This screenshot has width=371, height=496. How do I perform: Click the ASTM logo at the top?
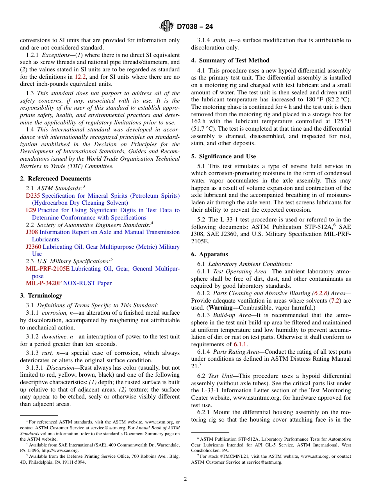tap(167, 27)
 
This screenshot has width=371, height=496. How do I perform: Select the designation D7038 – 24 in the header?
tap(195, 27)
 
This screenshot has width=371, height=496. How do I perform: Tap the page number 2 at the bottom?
tap(185, 479)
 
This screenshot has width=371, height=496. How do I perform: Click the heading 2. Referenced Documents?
tap(55, 179)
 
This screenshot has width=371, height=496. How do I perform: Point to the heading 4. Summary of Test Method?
tap(230, 60)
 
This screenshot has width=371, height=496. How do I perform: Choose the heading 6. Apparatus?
tap(209, 254)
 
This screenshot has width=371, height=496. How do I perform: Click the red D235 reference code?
tap(33, 196)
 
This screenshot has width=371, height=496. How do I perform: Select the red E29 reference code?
tap(31, 210)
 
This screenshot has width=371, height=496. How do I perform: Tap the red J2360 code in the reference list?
tap(33, 247)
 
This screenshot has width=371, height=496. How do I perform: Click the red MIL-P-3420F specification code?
tap(44, 283)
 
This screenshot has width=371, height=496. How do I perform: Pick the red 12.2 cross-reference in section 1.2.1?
tap(80, 77)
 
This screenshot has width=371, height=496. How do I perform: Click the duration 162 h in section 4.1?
tap(198, 121)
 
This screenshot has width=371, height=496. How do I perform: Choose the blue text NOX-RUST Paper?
tap(87, 283)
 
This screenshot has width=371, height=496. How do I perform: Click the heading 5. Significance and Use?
tap(223, 156)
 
